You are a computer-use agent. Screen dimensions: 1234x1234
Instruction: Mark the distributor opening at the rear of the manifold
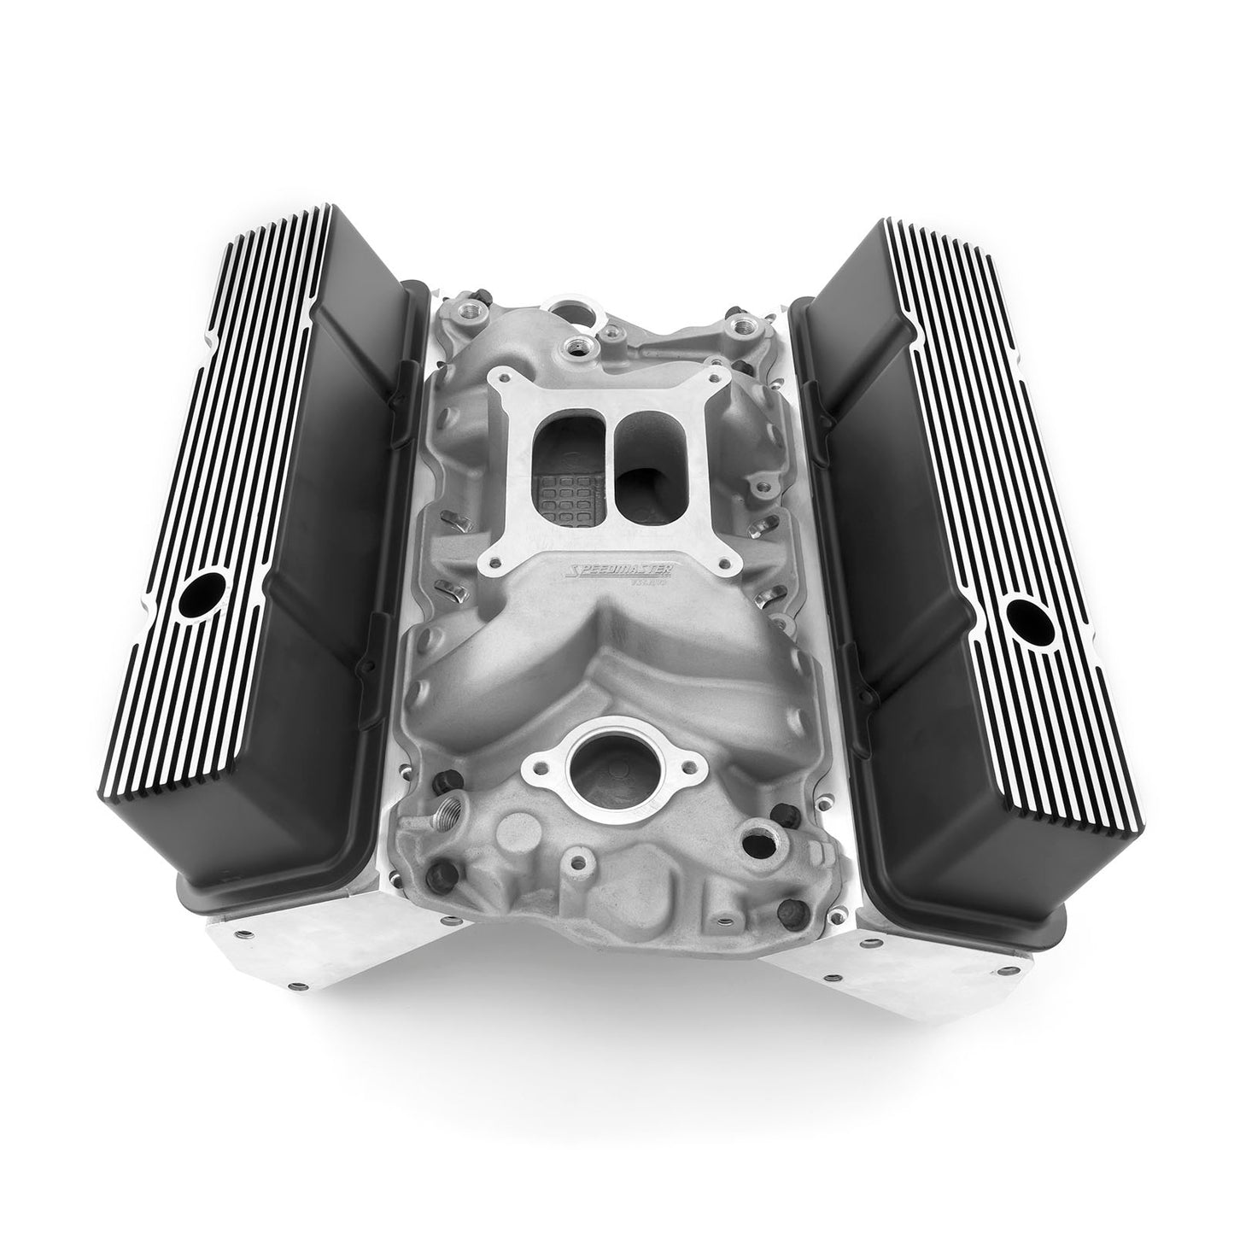(x=568, y=305)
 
